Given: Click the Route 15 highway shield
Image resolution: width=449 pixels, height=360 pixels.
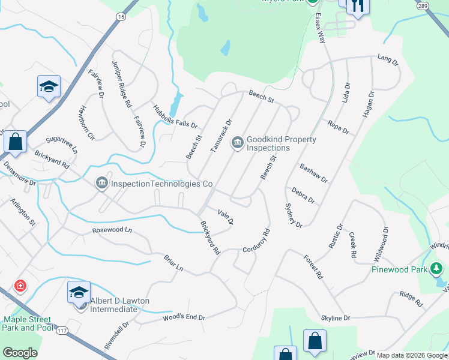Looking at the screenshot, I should coord(122,17).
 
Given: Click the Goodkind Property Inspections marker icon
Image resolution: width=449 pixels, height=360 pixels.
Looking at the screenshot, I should coord(237,142).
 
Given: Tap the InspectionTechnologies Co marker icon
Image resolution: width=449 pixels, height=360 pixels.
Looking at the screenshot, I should coord(101,182).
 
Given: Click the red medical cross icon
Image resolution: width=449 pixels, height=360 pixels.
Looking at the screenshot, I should coord(21,285).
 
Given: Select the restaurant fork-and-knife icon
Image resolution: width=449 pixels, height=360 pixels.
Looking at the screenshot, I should coord(358,7).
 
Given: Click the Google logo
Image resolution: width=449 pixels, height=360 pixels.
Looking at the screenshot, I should coord(20,353).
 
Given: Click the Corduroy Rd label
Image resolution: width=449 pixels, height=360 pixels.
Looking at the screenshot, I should coord(257,240).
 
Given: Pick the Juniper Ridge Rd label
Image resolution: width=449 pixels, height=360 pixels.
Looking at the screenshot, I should coord(121,84).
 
